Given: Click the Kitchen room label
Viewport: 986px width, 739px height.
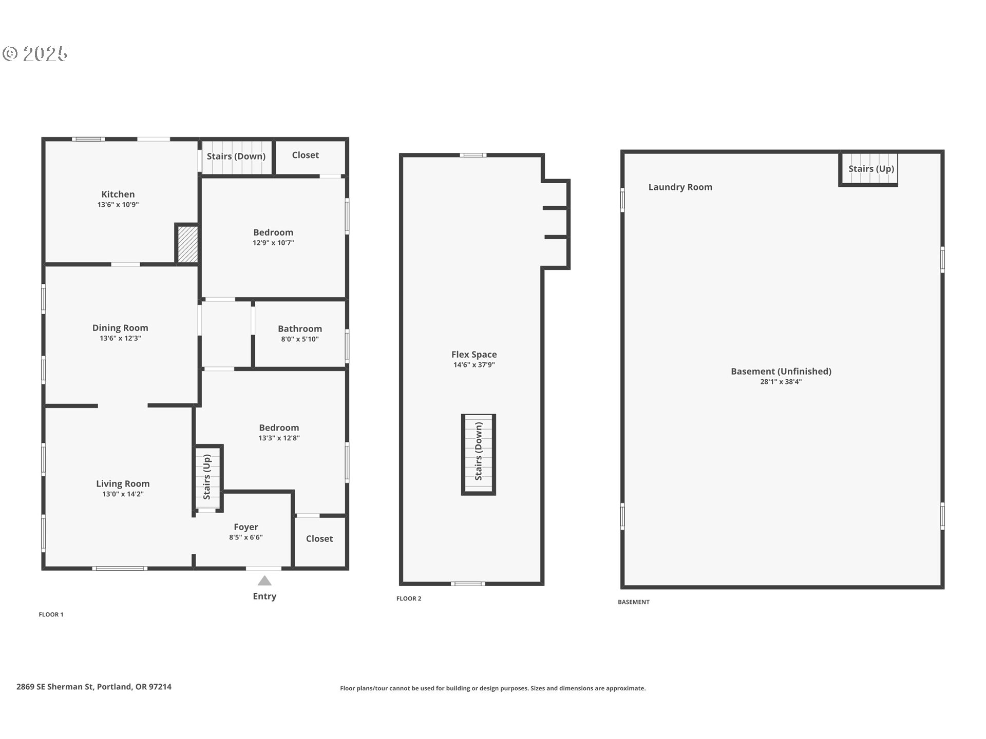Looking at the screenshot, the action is coord(118,194).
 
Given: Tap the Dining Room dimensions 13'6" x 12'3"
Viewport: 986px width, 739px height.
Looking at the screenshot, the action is coord(120,338).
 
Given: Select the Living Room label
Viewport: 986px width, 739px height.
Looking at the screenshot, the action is coord(123,483).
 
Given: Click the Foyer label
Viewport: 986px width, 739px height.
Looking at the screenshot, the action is coord(246,527).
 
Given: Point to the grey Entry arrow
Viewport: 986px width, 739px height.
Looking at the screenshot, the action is coord(264,580).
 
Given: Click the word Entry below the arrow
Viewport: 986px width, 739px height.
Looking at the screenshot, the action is coord(264,596).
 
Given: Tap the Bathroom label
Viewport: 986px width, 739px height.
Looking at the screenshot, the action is coord(300,328).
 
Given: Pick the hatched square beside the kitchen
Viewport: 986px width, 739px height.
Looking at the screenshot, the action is coord(187,244).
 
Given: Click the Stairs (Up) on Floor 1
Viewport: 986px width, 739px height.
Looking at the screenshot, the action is coord(207,477).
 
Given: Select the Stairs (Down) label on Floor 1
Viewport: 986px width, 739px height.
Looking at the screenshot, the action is coord(236,156).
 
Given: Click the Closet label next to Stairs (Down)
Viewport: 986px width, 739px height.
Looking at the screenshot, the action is coord(306,155).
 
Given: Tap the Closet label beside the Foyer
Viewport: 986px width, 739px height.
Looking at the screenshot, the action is coord(319,538).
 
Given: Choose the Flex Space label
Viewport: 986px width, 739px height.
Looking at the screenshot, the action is coord(474,354).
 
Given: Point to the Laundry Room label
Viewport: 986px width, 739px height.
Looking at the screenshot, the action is coord(680,187).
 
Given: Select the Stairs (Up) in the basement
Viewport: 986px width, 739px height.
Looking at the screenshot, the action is coord(871,169).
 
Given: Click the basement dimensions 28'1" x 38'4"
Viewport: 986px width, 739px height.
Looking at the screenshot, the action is coord(781,382).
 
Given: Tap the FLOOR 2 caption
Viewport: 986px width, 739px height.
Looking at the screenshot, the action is coord(409,598).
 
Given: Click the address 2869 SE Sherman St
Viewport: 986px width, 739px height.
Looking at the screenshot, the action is coord(55,687).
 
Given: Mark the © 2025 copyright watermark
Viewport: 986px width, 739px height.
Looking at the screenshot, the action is coord(35,54).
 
